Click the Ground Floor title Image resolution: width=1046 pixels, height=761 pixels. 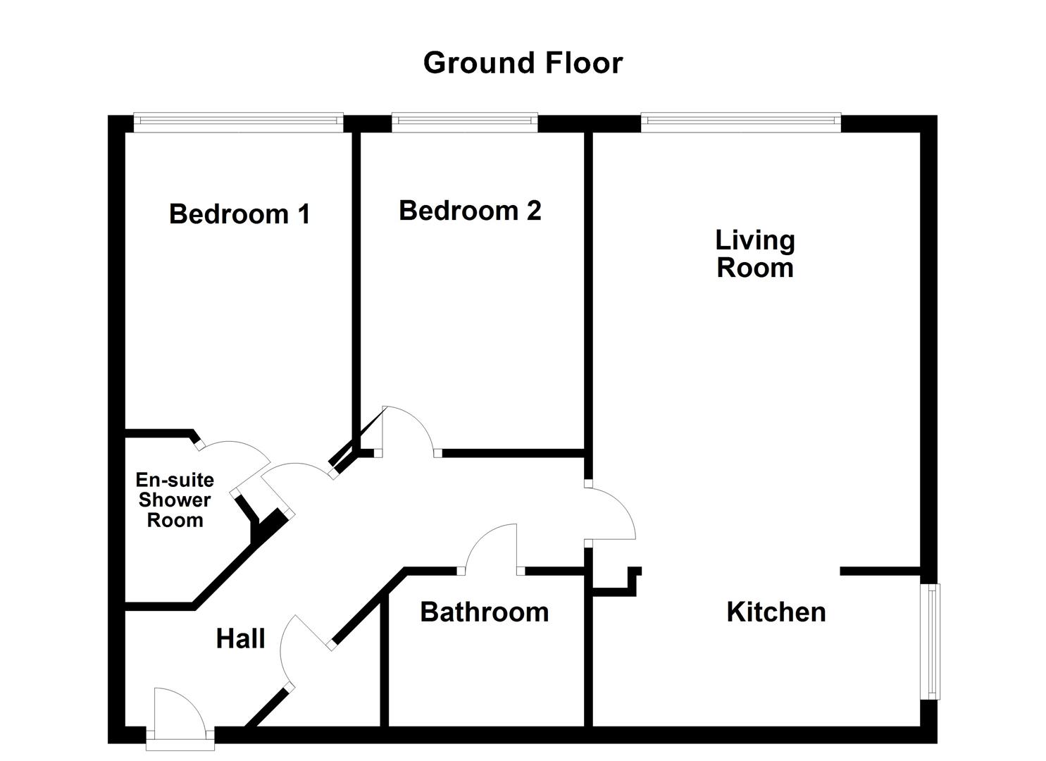click(x=523, y=63)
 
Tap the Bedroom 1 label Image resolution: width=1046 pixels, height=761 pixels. click(x=239, y=214)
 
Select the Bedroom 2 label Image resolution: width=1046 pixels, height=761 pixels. click(x=470, y=210)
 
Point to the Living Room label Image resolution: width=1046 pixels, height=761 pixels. click(x=755, y=254)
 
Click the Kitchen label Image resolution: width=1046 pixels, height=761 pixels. click(x=776, y=612)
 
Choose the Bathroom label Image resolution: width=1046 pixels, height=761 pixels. click(x=484, y=612)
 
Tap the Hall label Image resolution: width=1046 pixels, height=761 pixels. click(x=240, y=638)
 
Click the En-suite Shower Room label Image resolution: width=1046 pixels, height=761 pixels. click(x=175, y=500)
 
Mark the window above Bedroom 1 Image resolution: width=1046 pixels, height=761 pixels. click(x=238, y=123)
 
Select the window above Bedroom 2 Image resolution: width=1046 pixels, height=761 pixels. click(x=464, y=123)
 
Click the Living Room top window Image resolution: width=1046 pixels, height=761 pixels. click(x=741, y=123)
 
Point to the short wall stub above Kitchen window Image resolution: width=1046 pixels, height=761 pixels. click(x=880, y=571)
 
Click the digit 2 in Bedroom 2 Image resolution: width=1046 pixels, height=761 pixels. click(x=533, y=210)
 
